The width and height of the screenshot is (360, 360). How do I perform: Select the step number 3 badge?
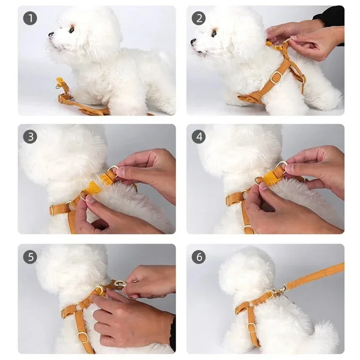pyautogui.click(x=30, y=137)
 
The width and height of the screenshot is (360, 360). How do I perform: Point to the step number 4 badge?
pyautogui.click(x=198, y=137)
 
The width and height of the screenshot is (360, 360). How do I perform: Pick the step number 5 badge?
pyautogui.click(x=30, y=257)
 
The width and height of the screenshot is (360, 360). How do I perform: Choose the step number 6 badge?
pyautogui.click(x=198, y=257)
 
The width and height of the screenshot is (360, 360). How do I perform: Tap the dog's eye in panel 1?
pyautogui.click(x=71, y=30)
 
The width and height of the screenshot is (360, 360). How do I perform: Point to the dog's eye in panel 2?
pyautogui.click(x=213, y=33)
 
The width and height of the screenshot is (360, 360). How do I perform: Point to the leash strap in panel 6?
pyautogui.click(x=315, y=275)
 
